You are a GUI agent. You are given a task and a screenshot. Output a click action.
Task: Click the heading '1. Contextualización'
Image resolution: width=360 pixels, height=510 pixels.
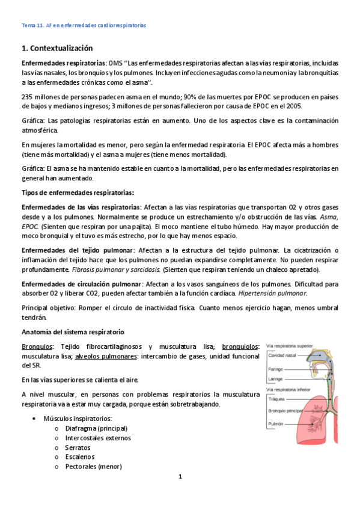pos(58,48)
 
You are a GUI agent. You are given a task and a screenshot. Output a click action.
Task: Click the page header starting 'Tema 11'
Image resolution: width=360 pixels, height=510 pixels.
pos(84,25)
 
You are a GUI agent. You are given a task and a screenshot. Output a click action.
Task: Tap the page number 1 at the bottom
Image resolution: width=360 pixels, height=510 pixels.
pos(180,476)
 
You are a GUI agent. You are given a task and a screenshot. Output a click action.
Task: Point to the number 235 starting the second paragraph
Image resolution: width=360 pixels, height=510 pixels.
pos(28,97)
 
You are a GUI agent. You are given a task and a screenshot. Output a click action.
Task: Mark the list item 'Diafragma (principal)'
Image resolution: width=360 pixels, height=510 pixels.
pos(96,428)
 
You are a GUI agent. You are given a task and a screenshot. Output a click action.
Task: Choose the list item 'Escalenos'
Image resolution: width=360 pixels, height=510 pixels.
pos(81,457)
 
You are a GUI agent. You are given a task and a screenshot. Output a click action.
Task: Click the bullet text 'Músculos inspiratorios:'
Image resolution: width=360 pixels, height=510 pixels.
pos(78,419)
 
